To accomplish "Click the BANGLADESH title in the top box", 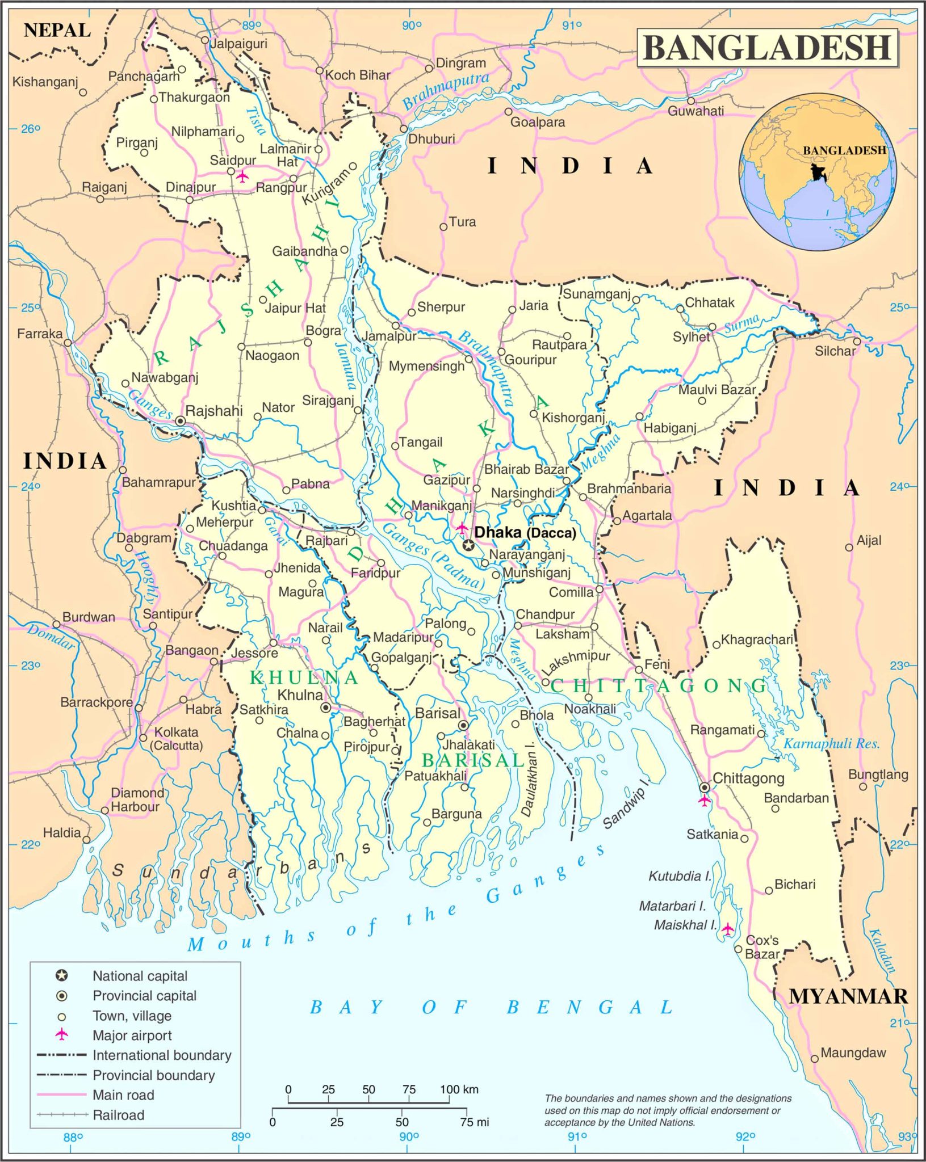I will pyautogui.click(x=767, y=48).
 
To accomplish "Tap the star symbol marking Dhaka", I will pyautogui.click(x=468, y=545).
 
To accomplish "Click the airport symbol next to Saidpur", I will pyautogui.click(x=242, y=176).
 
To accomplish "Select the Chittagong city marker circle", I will pyautogui.click(x=704, y=788).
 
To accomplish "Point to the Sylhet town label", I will pyautogui.click(x=691, y=337).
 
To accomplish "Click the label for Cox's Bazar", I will pyautogui.click(x=762, y=947).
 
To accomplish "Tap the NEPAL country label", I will pyautogui.click(x=57, y=30).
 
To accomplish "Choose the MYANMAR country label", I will pyautogui.click(x=848, y=996).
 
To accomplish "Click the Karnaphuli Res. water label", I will pyautogui.click(x=832, y=744).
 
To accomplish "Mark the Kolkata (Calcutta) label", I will pyautogui.click(x=177, y=739).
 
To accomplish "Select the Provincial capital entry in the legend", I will pyautogui.click(x=144, y=996).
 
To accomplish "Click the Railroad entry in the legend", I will pyautogui.click(x=119, y=1115).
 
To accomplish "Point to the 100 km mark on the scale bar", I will pyautogui.click(x=459, y=1090).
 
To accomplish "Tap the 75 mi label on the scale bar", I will pyautogui.click(x=475, y=1122).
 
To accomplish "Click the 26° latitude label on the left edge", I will pyautogui.click(x=31, y=129).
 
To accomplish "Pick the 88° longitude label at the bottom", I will pyautogui.click(x=73, y=1137).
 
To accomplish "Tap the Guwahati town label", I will pyautogui.click(x=695, y=111).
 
